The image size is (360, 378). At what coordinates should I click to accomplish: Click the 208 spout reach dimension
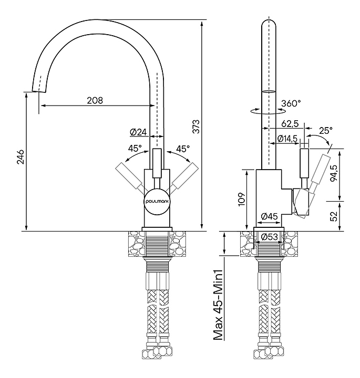[95, 100]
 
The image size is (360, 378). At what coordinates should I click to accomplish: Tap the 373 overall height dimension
[196, 127]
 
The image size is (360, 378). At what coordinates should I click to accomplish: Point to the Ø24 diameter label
[138, 132]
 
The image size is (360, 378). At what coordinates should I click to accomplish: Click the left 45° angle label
[136, 149]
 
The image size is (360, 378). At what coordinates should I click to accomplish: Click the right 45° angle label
[183, 149]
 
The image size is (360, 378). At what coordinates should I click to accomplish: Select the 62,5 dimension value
[290, 124]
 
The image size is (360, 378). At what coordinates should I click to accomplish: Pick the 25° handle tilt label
[326, 130]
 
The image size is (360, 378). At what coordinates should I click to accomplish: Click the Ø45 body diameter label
[269, 216]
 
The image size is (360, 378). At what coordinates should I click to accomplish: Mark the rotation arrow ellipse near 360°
[268, 111]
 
